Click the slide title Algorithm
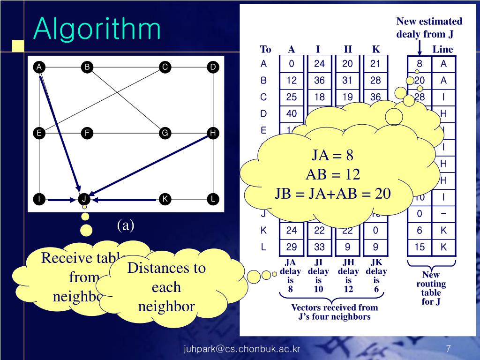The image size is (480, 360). (x=97, y=29)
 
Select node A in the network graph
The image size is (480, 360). (x=40, y=67)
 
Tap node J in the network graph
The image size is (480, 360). (x=84, y=199)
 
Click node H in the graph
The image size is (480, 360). (x=213, y=133)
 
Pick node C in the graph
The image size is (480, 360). (x=165, y=67)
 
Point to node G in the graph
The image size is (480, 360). (x=165, y=133)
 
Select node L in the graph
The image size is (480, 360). (x=213, y=199)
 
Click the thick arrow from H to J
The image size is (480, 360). (x=150, y=165)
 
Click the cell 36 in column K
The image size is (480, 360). (x=375, y=97)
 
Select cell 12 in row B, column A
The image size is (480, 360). (x=292, y=81)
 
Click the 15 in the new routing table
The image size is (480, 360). (x=420, y=246)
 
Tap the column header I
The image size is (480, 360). (x=318, y=50)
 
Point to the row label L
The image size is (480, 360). (x=263, y=246)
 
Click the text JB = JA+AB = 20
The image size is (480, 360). (x=332, y=194)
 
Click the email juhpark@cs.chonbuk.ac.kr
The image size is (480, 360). (x=241, y=349)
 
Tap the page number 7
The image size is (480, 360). (x=449, y=349)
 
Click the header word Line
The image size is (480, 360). (x=442, y=50)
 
